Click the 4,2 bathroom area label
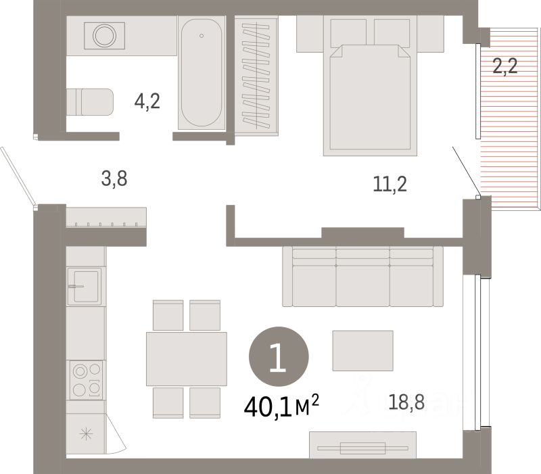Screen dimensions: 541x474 pos(147,101)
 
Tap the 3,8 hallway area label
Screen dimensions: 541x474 pos(114,179)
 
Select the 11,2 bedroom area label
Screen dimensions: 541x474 pos(390,184)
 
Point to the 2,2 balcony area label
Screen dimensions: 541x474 pos(504,66)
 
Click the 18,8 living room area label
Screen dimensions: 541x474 pos(406,402)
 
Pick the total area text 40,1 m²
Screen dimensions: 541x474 pos(281,406)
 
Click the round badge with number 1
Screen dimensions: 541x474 pos(279,356)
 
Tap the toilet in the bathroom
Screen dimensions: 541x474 pos(90,102)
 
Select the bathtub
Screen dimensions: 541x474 pos(202,72)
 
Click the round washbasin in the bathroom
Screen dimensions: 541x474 pos(104,36)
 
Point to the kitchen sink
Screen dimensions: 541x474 pos(85,286)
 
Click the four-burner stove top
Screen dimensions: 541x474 pos(87,380)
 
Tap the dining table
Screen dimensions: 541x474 pos(187,359)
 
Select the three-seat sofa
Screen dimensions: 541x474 pos(362,277)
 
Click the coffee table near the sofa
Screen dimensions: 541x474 pos(362,350)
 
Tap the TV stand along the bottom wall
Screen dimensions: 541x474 pos(362,445)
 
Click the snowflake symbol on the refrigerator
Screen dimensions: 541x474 pos(86,433)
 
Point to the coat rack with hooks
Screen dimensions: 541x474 pos(106,217)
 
